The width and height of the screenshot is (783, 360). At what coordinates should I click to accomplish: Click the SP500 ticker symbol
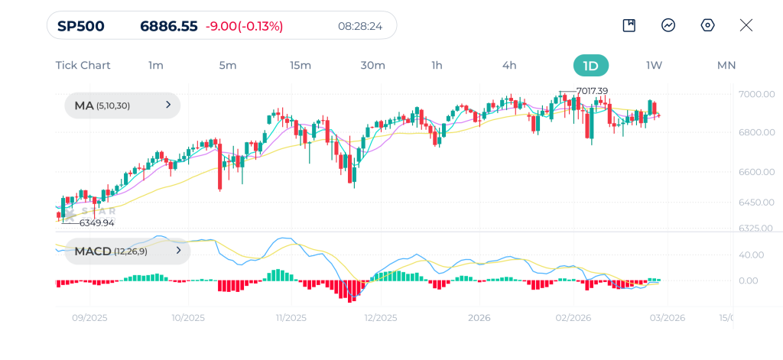(81, 26)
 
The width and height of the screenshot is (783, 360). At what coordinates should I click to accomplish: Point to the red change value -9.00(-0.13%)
(244, 26)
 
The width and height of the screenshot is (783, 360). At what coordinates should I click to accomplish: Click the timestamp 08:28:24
(360, 26)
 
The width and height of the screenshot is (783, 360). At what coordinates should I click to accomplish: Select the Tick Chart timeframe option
(83, 65)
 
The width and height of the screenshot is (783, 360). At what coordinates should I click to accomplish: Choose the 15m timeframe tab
(301, 65)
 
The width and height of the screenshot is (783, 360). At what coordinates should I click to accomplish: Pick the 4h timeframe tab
(509, 65)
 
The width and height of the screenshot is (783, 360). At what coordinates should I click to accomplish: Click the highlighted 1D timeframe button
(590, 65)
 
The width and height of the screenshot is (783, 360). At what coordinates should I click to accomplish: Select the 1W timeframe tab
(654, 65)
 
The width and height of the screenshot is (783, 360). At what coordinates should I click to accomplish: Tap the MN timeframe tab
(726, 65)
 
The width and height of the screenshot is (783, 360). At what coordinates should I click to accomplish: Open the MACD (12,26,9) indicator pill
(122, 251)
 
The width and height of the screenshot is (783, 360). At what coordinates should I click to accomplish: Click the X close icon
(746, 25)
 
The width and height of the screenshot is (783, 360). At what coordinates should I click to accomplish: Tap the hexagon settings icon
(708, 25)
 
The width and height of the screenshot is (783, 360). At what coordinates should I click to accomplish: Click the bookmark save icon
(629, 25)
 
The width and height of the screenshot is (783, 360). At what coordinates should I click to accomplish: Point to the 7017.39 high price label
(592, 91)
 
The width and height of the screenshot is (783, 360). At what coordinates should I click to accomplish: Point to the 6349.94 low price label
(96, 222)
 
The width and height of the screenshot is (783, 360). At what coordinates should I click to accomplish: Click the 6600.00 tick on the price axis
(757, 172)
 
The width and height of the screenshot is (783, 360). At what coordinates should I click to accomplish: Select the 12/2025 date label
(380, 318)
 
